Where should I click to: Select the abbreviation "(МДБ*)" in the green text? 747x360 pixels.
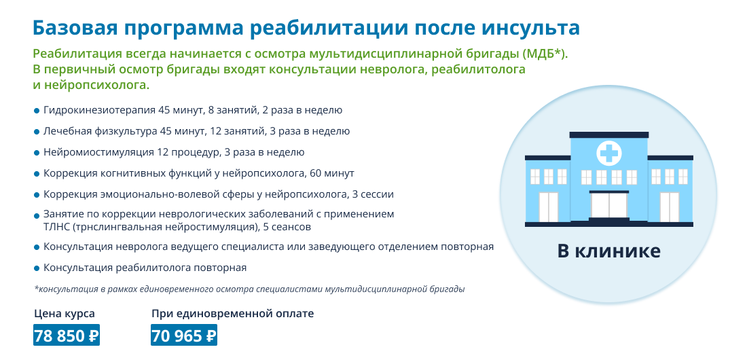pyautogui.click(x=545, y=54)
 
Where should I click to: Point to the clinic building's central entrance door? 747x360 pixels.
pyautogui.click(x=609, y=206)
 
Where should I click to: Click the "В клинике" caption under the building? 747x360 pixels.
pyautogui.click(x=609, y=251)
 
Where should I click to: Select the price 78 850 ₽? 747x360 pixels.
pyautogui.click(x=67, y=336)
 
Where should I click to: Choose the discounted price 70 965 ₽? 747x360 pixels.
pyautogui.click(x=184, y=336)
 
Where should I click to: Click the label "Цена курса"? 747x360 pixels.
pyautogui.click(x=65, y=314)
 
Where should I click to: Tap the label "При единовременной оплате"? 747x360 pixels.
pyautogui.click(x=233, y=314)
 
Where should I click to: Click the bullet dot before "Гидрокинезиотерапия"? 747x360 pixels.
pyautogui.click(x=37, y=111)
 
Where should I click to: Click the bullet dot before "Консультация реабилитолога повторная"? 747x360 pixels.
pyautogui.click(x=37, y=268)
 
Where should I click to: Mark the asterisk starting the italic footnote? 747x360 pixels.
pyautogui.click(x=36, y=289)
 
